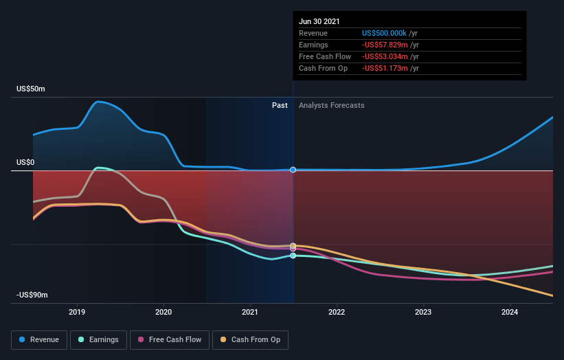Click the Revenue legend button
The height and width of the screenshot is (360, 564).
40,339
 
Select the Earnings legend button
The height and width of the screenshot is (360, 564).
99,339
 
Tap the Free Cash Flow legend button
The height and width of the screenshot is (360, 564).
169,339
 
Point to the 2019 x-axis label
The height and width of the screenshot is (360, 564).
77,312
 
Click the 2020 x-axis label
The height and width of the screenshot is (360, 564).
163,312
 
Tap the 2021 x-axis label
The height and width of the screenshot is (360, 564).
250,312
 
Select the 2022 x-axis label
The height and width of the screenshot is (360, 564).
337,312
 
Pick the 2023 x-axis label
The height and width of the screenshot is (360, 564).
423,312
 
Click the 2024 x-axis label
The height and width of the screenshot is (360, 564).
510,312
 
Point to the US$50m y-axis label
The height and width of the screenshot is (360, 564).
32,89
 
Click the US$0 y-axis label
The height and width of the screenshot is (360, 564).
27,163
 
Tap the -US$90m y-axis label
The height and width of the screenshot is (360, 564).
32,295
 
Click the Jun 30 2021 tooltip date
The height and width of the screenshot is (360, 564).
319,22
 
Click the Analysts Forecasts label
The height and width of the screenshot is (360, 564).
331,105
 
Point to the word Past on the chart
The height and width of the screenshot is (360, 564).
280,105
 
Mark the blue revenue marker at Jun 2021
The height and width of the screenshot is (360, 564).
293,170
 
